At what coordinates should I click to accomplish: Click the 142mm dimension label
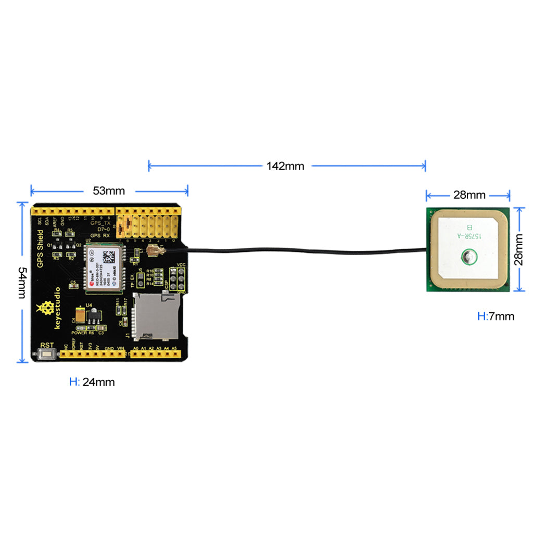[285, 167]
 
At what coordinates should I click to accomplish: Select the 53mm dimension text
[109, 191]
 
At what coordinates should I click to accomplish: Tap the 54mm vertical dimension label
[21, 283]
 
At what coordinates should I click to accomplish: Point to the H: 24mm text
[92, 382]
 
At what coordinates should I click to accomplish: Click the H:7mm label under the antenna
[496, 316]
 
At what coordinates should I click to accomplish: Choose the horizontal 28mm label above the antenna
[469, 195]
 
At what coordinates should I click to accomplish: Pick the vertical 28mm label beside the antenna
[519, 249]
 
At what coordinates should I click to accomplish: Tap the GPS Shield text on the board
[40, 249]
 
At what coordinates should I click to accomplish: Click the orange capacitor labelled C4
[81, 315]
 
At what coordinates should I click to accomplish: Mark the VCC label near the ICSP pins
[181, 265]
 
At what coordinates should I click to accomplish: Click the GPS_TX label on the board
[101, 223]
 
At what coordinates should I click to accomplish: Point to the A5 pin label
[174, 348]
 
